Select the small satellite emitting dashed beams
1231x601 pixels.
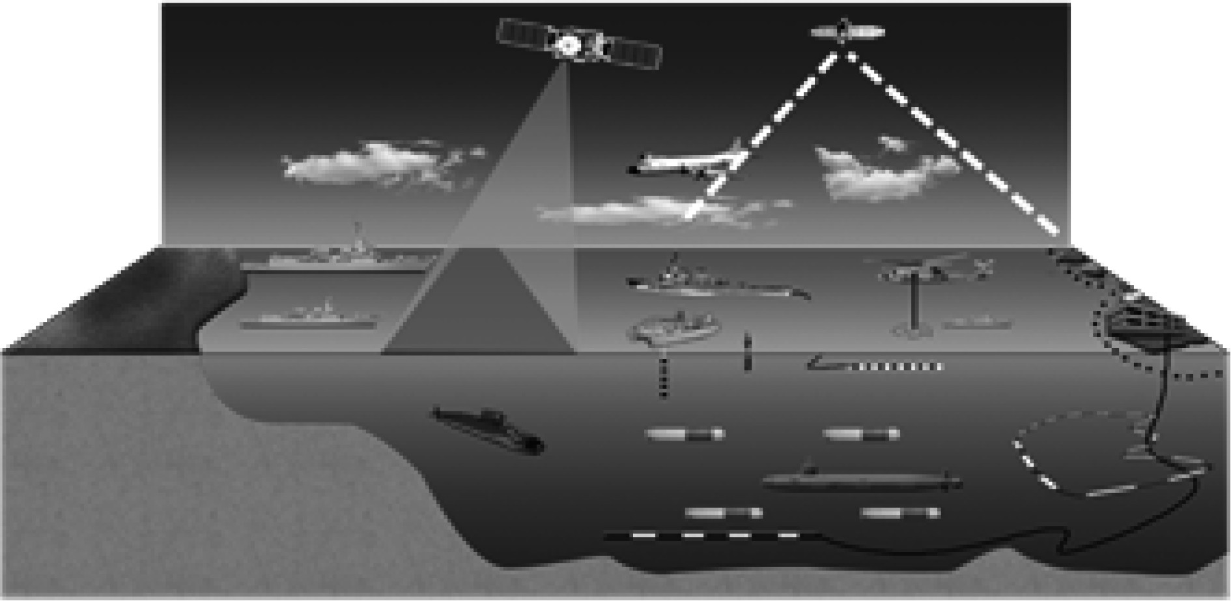coord(845,31)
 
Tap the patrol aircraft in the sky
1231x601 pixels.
coord(684,163)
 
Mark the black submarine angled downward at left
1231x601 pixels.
coord(488,429)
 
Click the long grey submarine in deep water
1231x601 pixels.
coord(860,481)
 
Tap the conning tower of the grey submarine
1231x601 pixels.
coord(810,469)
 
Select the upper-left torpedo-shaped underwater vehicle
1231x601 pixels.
coord(684,433)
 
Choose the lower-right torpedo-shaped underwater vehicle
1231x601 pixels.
coord(900,513)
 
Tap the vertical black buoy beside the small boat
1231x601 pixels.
coord(747,352)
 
